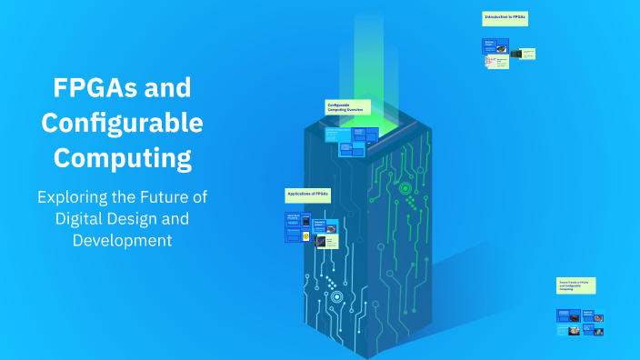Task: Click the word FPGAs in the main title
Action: (95, 90)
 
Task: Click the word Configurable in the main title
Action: (123, 124)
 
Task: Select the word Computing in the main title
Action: (123, 157)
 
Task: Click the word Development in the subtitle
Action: (123, 240)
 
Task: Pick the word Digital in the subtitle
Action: (85, 219)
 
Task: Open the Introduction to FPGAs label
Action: (505, 18)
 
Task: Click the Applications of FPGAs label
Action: (308, 195)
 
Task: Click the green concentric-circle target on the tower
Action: (405, 189)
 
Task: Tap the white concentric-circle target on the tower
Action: (336, 296)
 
